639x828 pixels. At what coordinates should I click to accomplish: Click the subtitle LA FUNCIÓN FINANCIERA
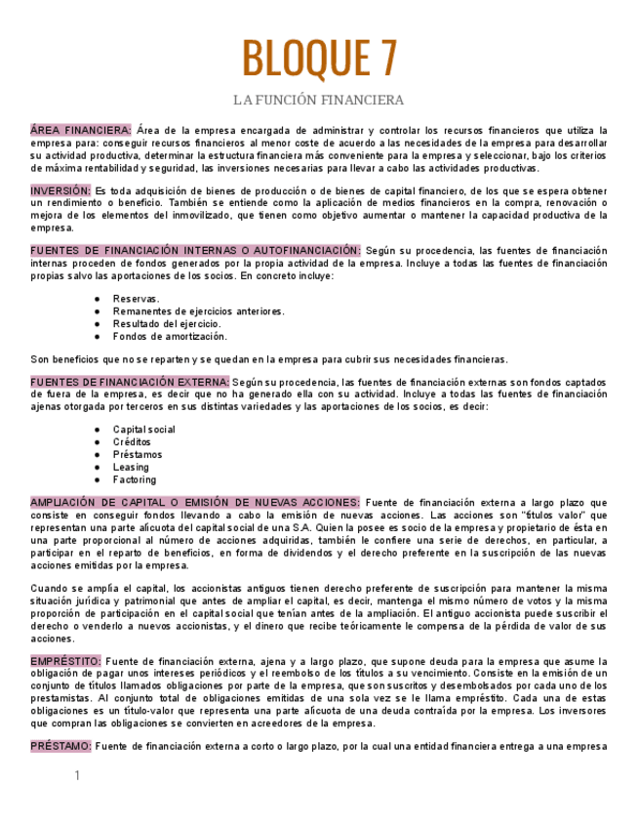coord(319,101)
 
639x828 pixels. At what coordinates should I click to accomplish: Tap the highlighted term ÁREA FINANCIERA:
coord(81,130)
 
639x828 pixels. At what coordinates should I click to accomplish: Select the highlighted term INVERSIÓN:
coord(60,190)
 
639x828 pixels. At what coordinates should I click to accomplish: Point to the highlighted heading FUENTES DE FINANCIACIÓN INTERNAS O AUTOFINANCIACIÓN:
coord(195,251)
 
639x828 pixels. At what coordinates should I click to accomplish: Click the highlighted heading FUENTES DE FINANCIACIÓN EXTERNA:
coord(129,382)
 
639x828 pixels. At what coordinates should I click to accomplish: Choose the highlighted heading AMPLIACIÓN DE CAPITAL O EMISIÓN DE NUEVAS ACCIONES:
coord(195,503)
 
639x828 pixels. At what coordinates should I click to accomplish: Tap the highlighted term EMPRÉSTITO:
coord(65,661)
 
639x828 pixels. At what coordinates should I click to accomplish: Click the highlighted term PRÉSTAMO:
coord(61,746)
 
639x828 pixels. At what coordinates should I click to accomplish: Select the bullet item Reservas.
coord(137,299)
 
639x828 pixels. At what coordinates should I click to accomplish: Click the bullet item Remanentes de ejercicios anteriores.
coord(198,311)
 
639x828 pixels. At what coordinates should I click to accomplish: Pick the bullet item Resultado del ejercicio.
coord(167,324)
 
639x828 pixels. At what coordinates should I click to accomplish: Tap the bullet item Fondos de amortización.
coord(170,337)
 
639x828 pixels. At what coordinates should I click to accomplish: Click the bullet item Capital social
coord(143,430)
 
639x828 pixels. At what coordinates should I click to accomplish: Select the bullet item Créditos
coord(132,442)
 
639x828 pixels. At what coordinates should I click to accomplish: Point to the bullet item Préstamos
coord(138,455)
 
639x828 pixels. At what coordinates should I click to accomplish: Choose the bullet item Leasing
coord(131,468)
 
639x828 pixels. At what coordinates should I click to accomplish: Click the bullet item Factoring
coord(134,480)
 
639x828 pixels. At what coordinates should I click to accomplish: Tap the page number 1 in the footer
coord(77,776)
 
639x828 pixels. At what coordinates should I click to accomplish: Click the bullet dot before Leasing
coord(97,468)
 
